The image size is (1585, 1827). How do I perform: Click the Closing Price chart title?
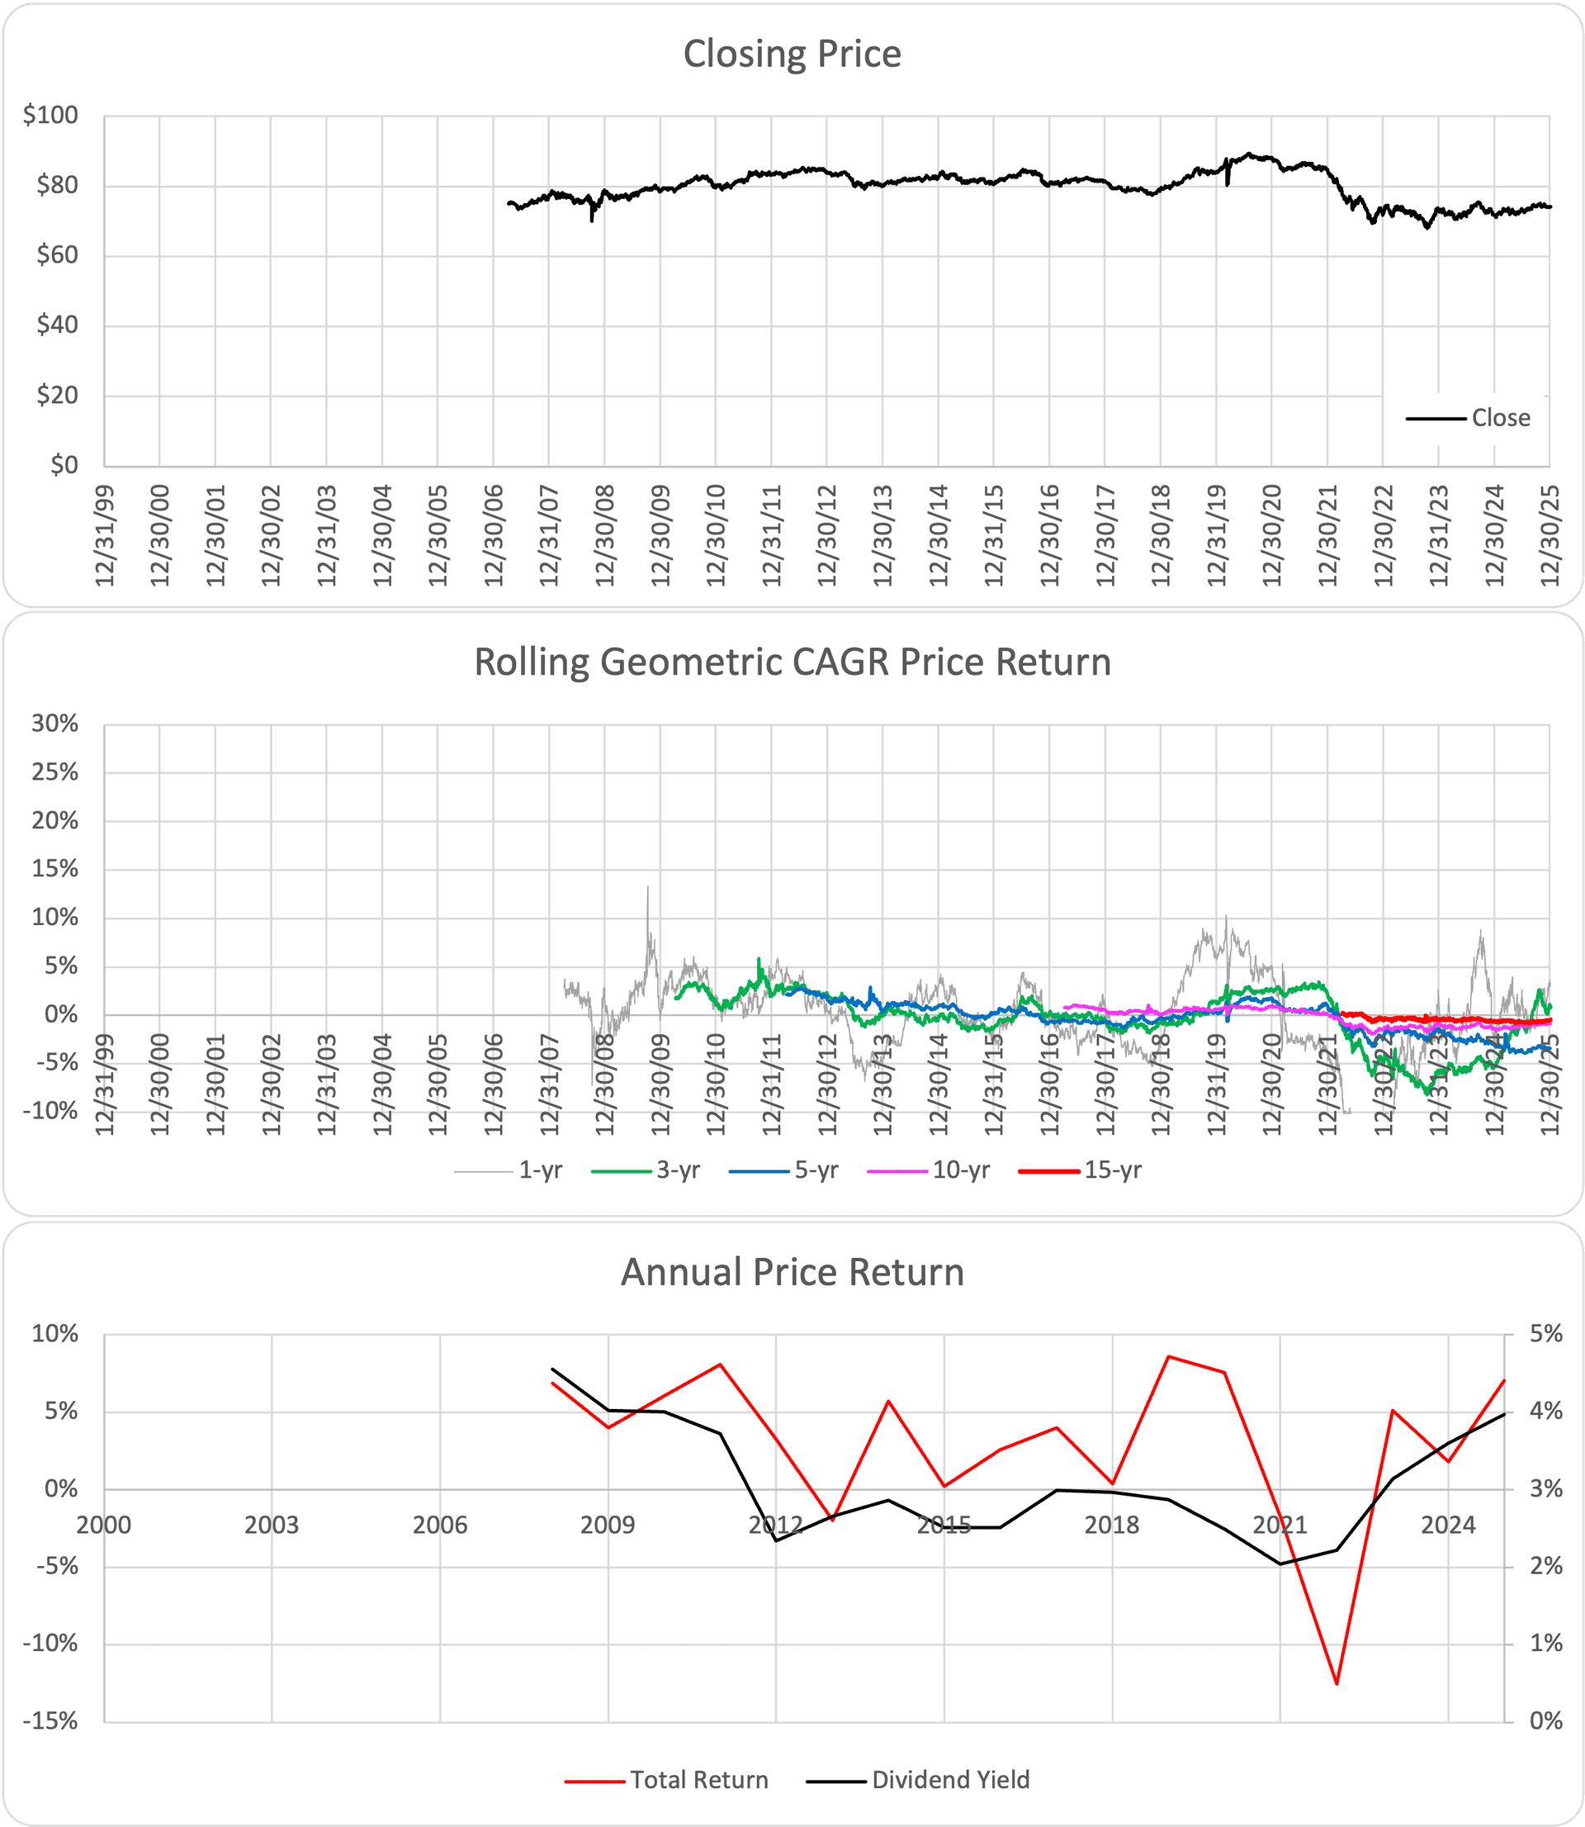(x=792, y=54)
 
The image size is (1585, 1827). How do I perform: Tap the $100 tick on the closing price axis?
(x=51, y=115)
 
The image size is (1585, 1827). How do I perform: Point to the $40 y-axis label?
(x=57, y=325)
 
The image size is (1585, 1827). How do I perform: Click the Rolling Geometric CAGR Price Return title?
(x=792, y=662)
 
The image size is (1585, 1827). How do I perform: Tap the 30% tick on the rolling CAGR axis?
(x=54, y=724)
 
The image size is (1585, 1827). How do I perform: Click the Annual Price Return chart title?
(x=792, y=1272)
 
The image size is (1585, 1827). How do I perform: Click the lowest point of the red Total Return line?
(x=1337, y=1683)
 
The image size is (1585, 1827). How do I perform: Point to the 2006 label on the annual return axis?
(x=439, y=1526)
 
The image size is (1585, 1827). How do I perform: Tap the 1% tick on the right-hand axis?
(x=1546, y=1644)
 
